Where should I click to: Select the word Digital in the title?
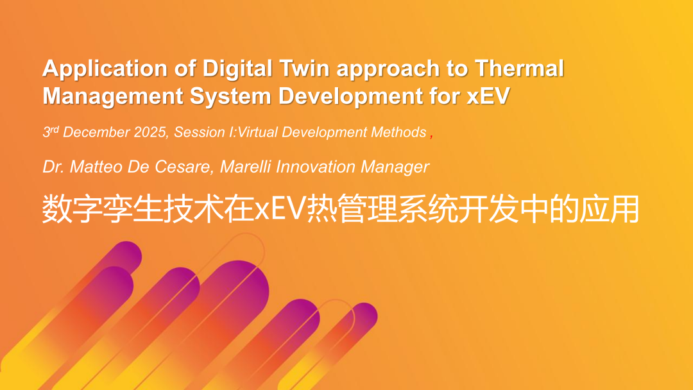pyautogui.click(x=237, y=68)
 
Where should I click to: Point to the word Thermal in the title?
pyautogui.click(x=519, y=68)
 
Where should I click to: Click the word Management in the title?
pyautogui.click(x=113, y=96)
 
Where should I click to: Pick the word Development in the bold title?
pyautogui.click(x=347, y=96)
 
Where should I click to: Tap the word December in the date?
pyautogui.click(x=96, y=132)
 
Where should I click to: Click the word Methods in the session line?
pyautogui.click(x=398, y=132)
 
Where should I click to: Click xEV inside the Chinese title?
pyautogui.click(x=280, y=209)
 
